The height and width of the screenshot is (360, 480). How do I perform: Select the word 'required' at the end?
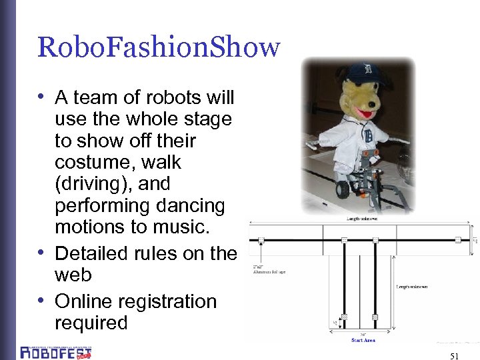(x=91, y=323)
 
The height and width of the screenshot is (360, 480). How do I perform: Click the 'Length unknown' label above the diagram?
(x=362, y=217)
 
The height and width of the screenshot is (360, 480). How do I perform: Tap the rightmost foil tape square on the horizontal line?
(x=457, y=240)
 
